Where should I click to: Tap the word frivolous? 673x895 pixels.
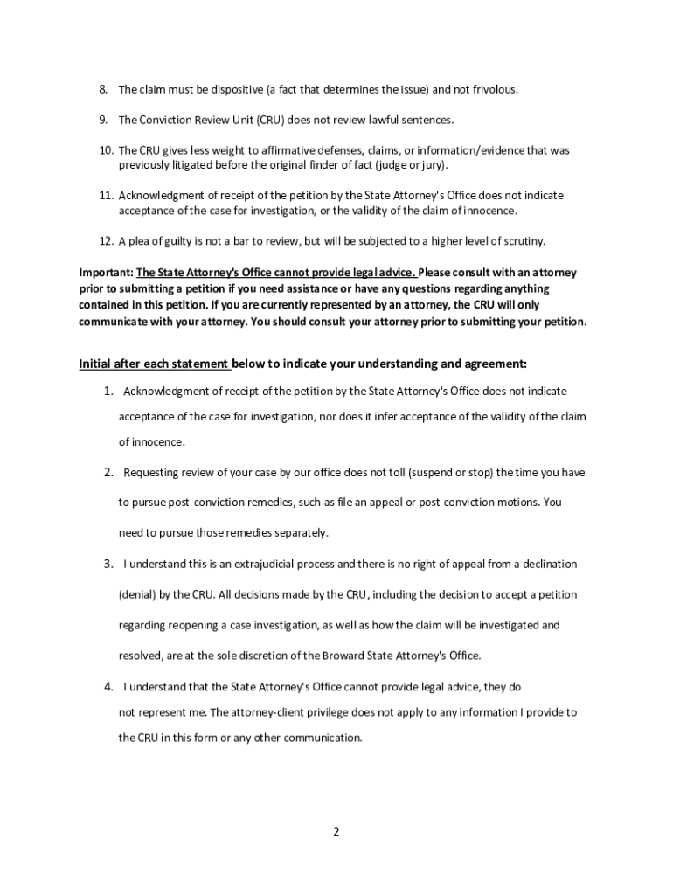493,89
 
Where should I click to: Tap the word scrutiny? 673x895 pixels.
522,240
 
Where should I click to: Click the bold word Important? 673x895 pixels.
104,273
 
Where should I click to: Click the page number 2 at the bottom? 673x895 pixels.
336,831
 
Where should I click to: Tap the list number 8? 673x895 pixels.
102,89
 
